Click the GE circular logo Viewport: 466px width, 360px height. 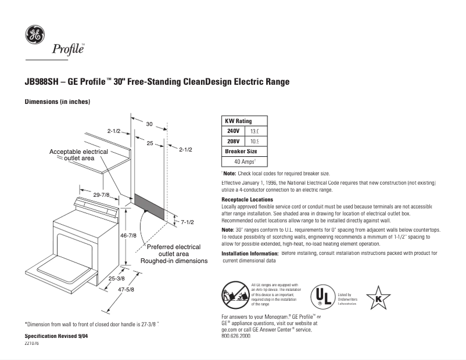[33, 34]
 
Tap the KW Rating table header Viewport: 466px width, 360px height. [238, 121]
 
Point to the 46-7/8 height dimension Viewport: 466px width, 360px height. [128, 235]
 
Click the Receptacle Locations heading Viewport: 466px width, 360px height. [244, 199]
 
